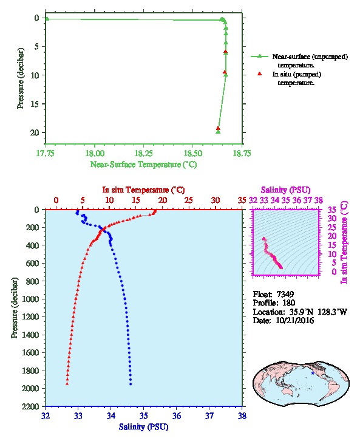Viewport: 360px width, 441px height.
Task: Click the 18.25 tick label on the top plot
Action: pyautogui.click(x=143, y=153)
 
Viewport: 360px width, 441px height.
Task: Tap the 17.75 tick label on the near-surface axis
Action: pyautogui.click(x=46, y=153)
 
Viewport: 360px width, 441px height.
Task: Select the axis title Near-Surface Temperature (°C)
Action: pyautogui.click(x=143, y=164)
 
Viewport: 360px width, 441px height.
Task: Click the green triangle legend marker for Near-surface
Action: pyautogui.click(x=260, y=56)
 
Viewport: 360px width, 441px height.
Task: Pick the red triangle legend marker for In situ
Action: pyautogui.click(x=260, y=73)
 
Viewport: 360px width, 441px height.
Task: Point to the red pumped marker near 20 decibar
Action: pyautogui.click(x=218, y=129)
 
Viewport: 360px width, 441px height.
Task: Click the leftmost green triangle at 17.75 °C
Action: pyautogui.click(x=47, y=19)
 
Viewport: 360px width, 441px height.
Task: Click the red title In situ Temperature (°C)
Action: pyautogui.click(x=143, y=190)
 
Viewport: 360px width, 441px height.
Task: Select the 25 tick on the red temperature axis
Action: pyautogui.click(x=189, y=200)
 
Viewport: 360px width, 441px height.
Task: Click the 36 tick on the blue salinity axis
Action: pyautogui.click(x=177, y=415)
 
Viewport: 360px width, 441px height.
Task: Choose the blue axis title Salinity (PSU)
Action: pyautogui.click(x=143, y=426)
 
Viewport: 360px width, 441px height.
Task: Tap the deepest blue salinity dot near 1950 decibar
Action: pyautogui.click(x=131, y=384)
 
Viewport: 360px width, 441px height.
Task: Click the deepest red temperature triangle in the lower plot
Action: pyautogui.click(x=67, y=383)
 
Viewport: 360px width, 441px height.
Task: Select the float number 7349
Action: pyautogui.click(x=285, y=294)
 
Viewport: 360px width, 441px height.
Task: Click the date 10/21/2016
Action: pyautogui.click(x=294, y=320)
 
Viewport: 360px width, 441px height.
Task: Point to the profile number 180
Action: pyautogui.click(x=288, y=303)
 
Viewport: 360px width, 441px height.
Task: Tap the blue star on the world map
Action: pyautogui.click(x=313, y=373)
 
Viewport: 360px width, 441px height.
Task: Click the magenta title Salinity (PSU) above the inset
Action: pyautogui.click(x=285, y=190)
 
